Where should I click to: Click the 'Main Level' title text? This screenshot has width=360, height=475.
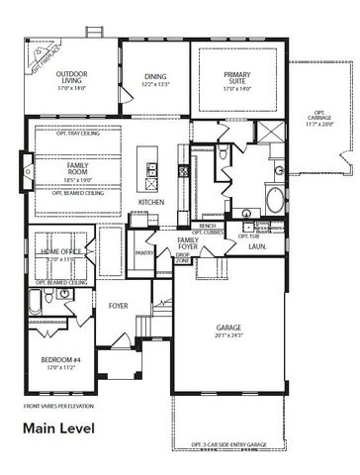(59, 428)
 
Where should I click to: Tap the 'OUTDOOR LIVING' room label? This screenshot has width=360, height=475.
(71, 78)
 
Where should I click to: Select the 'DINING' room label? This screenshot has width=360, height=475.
(155, 76)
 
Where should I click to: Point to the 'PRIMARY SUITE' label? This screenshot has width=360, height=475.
(236, 77)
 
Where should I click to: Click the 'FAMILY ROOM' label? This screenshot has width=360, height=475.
(77, 168)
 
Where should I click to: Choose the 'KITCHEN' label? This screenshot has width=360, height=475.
(151, 203)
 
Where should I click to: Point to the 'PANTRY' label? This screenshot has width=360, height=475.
(142, 252)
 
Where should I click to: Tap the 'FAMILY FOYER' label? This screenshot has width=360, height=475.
(188, 243)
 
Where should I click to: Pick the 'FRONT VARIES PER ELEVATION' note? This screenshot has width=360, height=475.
(58, 406)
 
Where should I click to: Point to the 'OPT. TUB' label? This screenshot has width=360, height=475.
(248, 236)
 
